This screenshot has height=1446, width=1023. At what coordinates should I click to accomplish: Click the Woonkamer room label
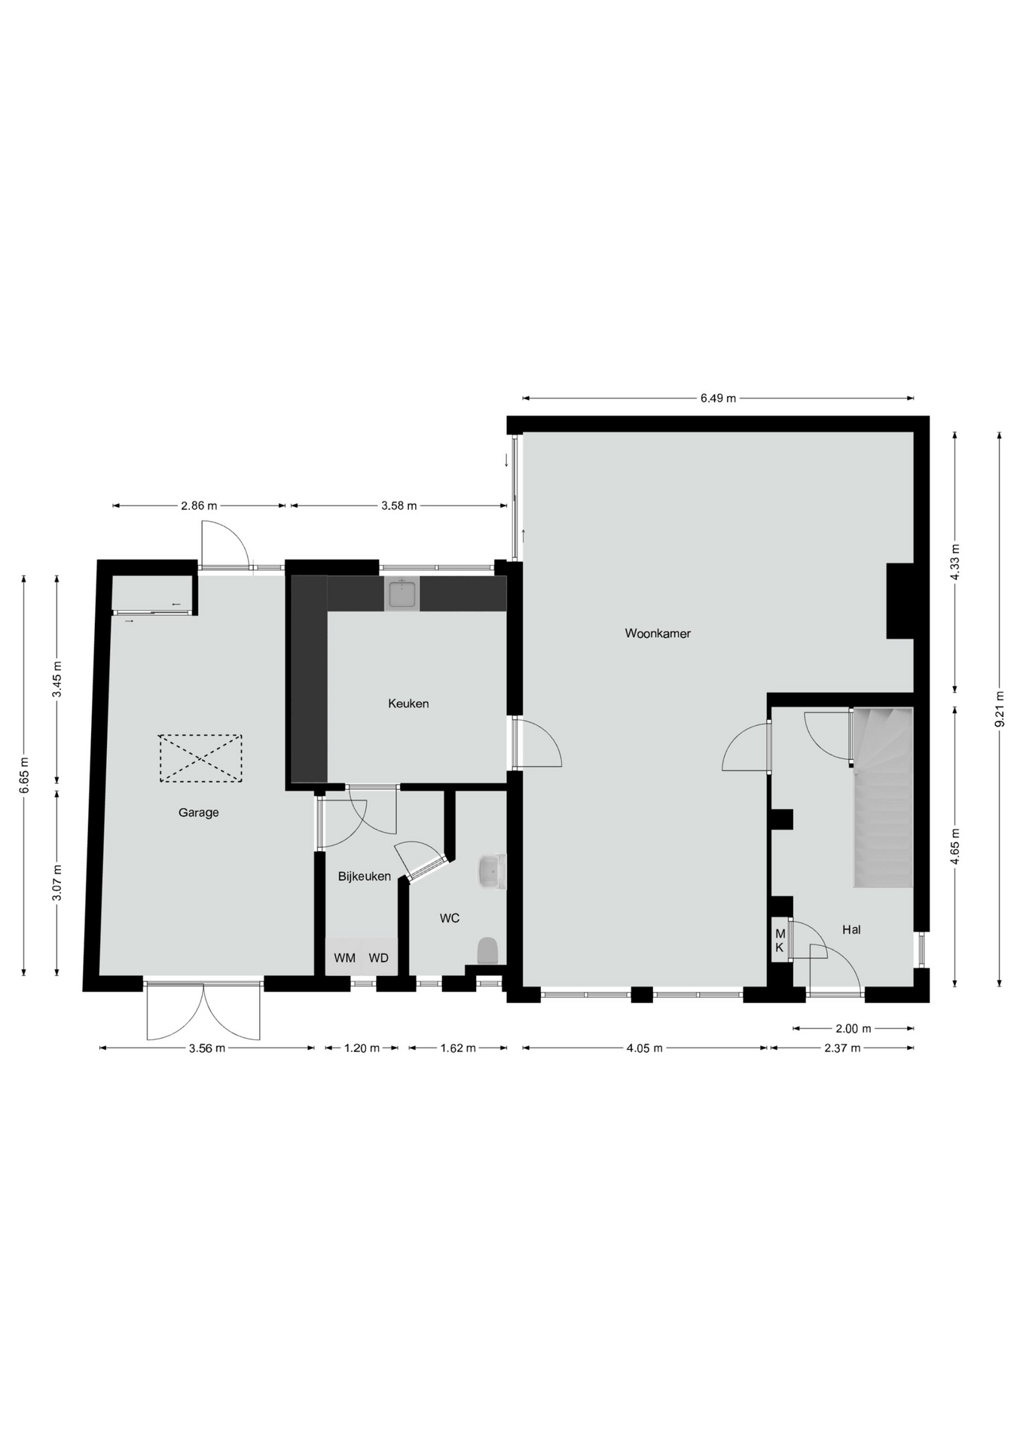coord(658,633)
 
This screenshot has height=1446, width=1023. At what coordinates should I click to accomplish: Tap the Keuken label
coord(408,703)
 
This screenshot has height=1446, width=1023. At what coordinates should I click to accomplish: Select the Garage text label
coord(199,813)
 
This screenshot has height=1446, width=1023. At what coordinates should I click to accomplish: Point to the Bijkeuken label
coord(365,877)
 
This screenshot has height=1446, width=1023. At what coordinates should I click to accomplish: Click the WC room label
coord(450,918)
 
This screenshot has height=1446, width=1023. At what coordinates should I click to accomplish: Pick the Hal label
coord(851,930)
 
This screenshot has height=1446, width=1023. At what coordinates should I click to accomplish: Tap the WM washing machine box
coord(344,957)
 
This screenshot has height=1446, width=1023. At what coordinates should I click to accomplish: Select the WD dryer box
coord(380,957)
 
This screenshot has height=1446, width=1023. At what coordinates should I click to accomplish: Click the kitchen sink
coord(402,594)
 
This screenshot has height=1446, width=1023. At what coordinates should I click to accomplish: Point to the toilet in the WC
coord(488,950)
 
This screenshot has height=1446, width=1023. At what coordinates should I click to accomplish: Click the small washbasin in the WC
coord(492,871)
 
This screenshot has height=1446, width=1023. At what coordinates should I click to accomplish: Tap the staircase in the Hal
coord(882,798)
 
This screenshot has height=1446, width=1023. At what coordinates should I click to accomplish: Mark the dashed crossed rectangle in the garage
coord(200,758)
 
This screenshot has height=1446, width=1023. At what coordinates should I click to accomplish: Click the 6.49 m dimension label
coord(718,398)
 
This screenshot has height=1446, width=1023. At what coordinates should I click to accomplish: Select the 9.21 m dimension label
coord(1000,709)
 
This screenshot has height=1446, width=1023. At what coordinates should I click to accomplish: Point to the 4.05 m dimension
coord(644,1048)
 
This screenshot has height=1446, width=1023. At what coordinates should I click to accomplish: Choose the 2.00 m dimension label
coord(854,1028)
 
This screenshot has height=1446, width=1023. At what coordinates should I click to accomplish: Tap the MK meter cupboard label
coord(780,941)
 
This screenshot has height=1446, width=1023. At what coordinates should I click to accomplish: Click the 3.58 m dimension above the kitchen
coord(399,506)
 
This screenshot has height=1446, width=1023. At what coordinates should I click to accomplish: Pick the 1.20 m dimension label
coord(362,1048)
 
